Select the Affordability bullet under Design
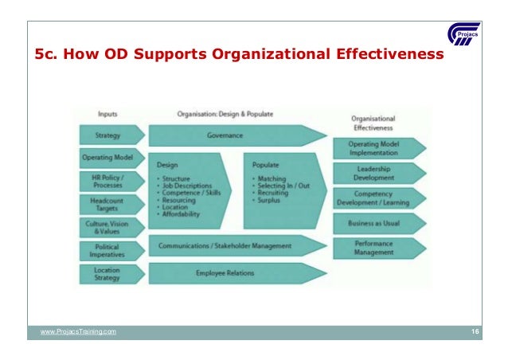[x=182, y=214]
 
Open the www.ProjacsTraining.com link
[x=77, y=331]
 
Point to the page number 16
[x=475, y=331]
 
